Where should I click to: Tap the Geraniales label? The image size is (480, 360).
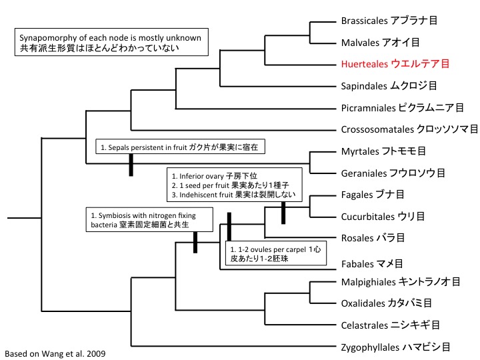(393, 173)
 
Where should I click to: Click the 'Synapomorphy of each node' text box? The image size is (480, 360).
(112, 43)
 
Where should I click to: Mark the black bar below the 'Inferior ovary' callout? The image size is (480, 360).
(283, 213)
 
